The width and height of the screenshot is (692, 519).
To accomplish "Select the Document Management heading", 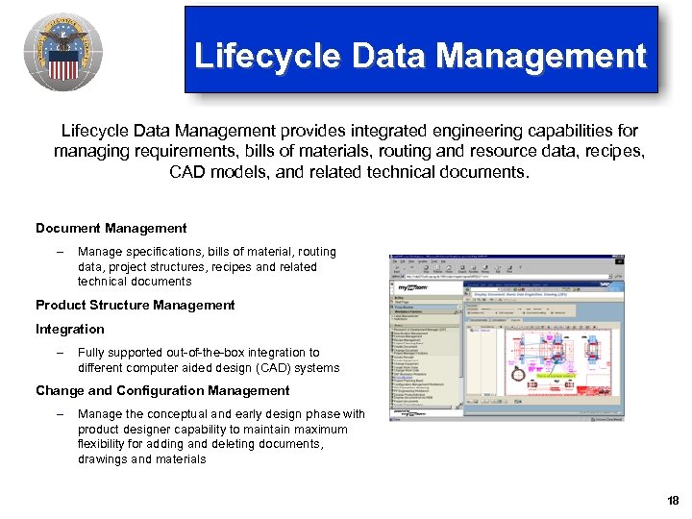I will [111, 228].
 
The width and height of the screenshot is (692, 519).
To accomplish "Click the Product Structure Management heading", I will [136, 305].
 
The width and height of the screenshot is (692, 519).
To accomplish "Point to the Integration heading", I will [70, 329].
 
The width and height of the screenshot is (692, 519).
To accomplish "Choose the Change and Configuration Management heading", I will [162, 390].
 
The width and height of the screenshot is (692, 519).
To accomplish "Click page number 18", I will [672, 501].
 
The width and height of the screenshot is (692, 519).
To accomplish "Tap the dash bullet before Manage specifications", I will [59, 252].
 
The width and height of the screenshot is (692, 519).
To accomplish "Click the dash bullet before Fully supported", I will [59, 353].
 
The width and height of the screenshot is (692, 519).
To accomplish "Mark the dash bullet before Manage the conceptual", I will [59, 414].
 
